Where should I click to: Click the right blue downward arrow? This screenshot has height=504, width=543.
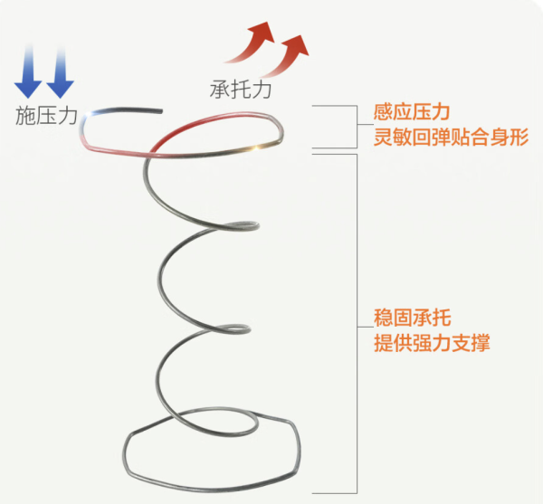(61, 72)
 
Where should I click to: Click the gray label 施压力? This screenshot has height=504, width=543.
(46, 115)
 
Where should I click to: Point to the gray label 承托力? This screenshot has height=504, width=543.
(241, 90)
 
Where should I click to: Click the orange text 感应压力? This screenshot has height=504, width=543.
(412, 112)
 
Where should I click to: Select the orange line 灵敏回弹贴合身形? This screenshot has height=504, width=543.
(451, 137)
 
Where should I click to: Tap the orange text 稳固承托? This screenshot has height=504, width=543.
(412, 318)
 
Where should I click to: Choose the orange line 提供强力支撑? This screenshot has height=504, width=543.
(432, 343)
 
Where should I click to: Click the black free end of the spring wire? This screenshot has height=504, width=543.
(160, 111)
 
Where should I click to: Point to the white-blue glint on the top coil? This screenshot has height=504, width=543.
(90, 114)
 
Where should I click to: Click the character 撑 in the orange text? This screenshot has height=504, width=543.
(481, 343)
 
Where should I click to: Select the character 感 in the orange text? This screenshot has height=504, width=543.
(383, 112)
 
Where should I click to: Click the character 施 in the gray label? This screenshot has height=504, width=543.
(25, 115)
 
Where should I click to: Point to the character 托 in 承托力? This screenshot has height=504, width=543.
(241, 90)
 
